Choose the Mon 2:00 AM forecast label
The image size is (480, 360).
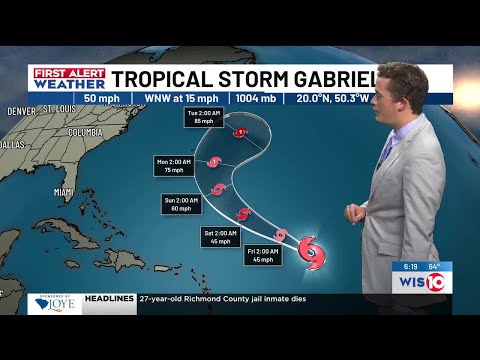coord(176,165)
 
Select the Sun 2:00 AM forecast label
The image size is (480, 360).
coord(180,204)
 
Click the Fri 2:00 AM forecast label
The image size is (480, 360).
coord(263,254)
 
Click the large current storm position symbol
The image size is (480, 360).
coord(312,251)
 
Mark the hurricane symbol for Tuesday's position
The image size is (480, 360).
coord(240,131)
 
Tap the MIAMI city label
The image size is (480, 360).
coord(64,191)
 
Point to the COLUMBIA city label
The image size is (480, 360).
coord(85,131)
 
